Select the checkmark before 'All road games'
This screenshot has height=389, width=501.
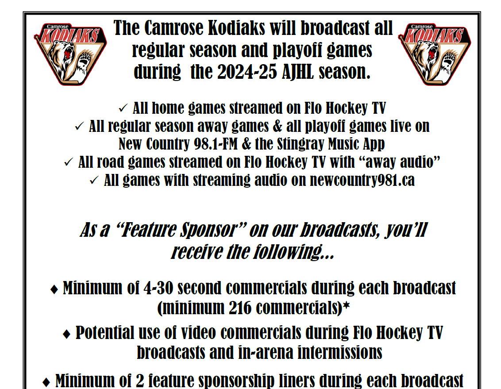point(69,162)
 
